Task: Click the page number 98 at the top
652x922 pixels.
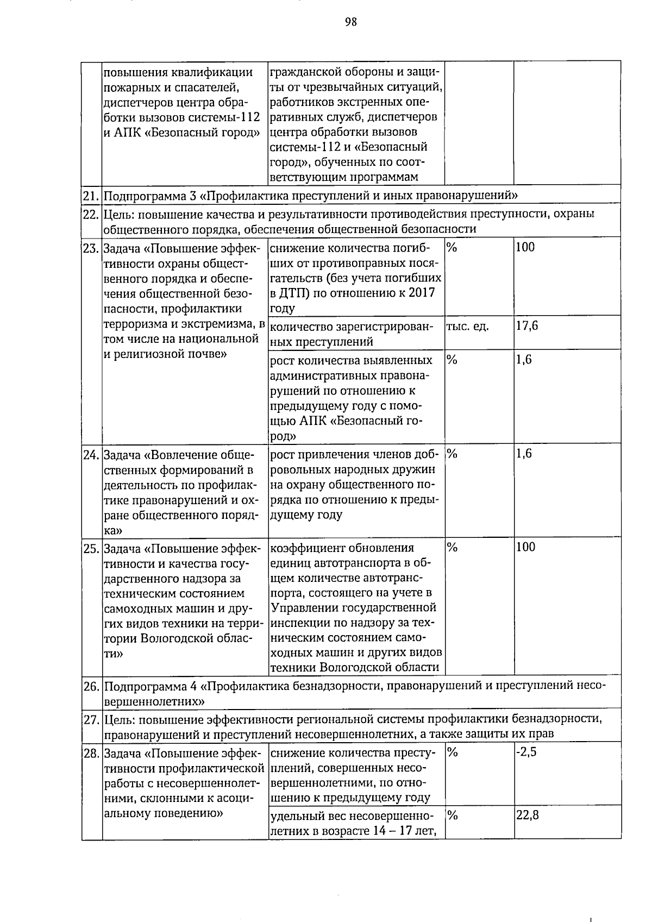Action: pos(350,22)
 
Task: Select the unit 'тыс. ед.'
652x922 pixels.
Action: pos(467,327)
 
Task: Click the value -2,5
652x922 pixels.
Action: pos(526,753)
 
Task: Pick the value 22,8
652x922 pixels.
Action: pos(527,815)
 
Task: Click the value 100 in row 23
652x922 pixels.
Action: pos(525,248)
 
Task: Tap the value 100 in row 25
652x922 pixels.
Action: pos(525,547)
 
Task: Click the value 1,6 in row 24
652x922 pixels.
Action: pos(524,454)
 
